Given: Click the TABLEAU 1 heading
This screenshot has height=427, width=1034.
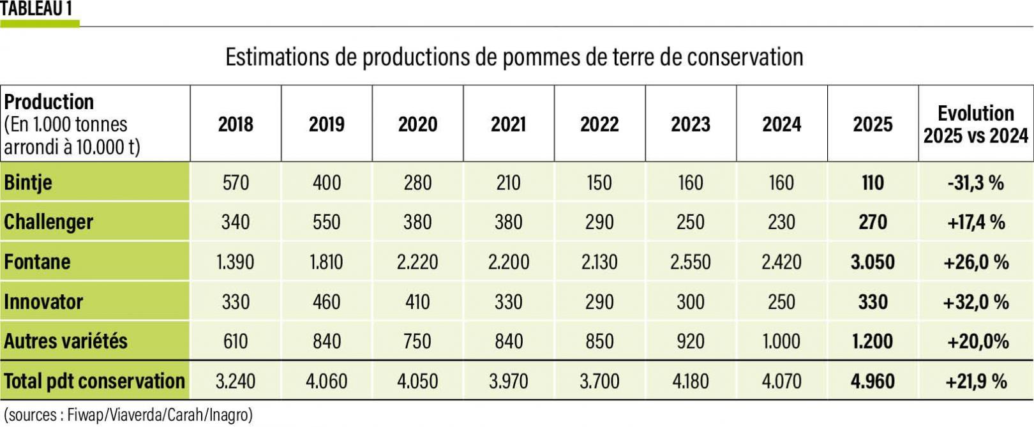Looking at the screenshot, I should pos(36,9).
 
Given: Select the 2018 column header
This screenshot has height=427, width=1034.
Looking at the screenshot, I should pos(236,124).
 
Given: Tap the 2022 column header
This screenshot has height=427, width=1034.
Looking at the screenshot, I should pos(599,124).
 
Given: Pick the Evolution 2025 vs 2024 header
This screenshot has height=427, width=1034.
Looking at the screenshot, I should pos(975,124).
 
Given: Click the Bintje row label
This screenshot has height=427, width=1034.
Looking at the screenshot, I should pos(28,183).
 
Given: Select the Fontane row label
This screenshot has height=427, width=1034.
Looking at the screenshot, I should pos(37,262).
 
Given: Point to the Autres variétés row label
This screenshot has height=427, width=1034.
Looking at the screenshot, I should pos(66,341).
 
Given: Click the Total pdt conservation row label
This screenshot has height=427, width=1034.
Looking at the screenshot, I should pos(94,381).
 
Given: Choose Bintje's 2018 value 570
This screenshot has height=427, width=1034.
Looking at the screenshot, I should pos(236,183).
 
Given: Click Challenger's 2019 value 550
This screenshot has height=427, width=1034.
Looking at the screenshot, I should pos(327,222).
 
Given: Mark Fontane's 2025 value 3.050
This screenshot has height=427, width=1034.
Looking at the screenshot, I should pos(873,262).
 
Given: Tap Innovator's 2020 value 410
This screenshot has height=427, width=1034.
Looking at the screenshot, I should pos(417,301).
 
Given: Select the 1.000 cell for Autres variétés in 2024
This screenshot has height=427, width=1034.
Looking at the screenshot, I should pos(781,341).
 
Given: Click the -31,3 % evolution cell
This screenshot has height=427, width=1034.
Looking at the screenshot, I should pos(975,183).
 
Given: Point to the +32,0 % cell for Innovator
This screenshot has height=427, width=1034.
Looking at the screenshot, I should pos(975,301).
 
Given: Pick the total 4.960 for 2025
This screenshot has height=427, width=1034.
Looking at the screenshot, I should pos(873,381).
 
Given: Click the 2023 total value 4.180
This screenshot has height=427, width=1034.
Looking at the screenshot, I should pos(691,381).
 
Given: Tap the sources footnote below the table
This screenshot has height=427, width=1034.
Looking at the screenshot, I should pos(128,415).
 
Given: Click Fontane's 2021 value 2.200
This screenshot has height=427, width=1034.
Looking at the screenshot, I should pos(509,262).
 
